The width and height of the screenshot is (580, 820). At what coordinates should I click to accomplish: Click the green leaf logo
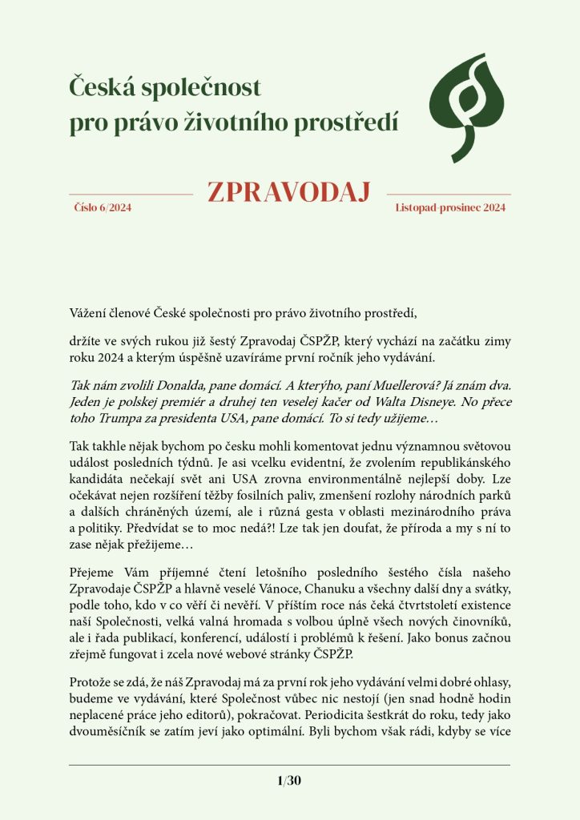point(469,107)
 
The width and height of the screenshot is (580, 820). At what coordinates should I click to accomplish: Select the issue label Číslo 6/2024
point(103,207)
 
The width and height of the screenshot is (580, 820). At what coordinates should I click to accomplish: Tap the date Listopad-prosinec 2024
point(450,207)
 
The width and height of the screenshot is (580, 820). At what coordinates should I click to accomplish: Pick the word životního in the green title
point(240,123)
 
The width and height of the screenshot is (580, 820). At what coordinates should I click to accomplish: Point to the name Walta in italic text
point(386,401)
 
